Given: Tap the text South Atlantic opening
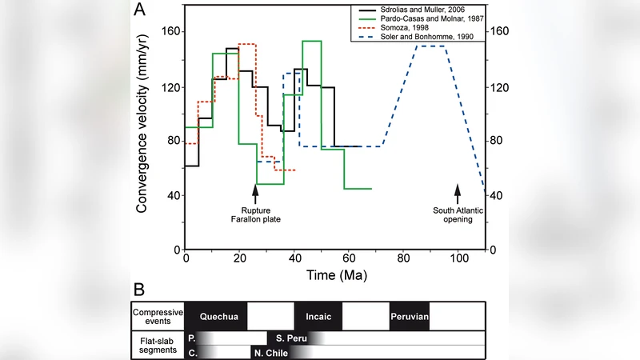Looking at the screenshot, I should point(453,214).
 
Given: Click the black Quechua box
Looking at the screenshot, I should point(216,317).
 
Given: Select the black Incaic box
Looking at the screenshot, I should point(318,317).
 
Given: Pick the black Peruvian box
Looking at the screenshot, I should point(410,317).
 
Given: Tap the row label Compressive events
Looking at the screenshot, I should point(158,316).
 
